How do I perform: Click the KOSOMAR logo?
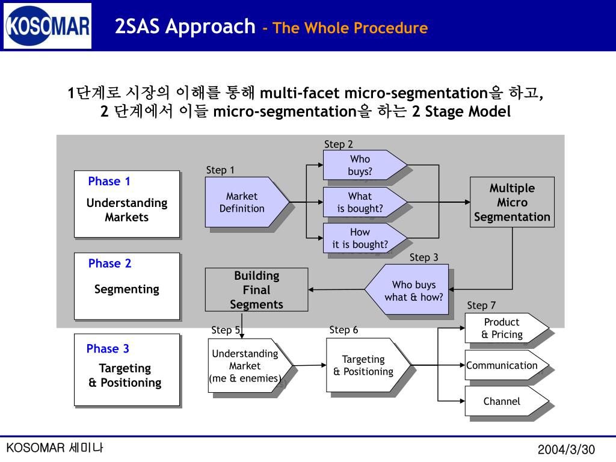click(x=48, y=26)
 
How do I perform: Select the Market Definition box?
click(x=247, y=202)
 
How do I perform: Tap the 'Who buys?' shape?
click(x=365, y=165)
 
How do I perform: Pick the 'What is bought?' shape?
click(x=365, y=202)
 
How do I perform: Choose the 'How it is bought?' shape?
click(x=365, y=238)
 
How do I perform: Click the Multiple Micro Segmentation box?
click(x=513, y=202)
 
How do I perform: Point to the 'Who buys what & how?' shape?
click(x=407, y=289)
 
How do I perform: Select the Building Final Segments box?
click(x=256, y=289)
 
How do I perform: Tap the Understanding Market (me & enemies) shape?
click(x=250, y=365)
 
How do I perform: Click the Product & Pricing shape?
click(x=507, y=328)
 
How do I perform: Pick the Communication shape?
click(x=507, y=365)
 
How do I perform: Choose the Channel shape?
click(x=507, y=401)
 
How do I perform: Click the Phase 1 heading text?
click(x=109, y=181)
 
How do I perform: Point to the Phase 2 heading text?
click(x=109, y=263)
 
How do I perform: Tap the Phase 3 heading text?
click(x=108, y=348)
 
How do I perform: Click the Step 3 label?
click(x=423, y=257)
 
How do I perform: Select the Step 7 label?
click(x=481, y=305)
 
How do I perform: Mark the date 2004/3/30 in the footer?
click(x=566, y=449)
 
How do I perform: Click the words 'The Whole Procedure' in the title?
click(x=350, y=28)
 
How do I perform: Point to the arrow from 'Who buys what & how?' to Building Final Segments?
click(x=337, y=289)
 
